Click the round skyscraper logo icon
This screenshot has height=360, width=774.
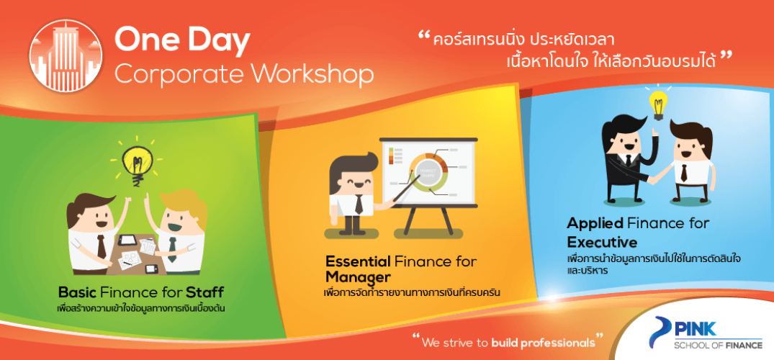click(x=66, y=56)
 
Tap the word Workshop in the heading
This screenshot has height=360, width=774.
click(x=314, y=75)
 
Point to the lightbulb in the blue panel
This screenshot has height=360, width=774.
click(x=657, y=103)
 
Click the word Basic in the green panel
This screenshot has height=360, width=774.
click(x=77, y=291)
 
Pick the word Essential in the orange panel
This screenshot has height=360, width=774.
click(x=358, y=261)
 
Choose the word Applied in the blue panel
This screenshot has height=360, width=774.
click(x=595, y=224)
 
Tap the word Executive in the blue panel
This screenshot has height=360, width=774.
click(x=602, y=243)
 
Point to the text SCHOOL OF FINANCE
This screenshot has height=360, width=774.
click(x=719, y=346)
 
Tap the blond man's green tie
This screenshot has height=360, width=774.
click(x=172, y=249)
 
